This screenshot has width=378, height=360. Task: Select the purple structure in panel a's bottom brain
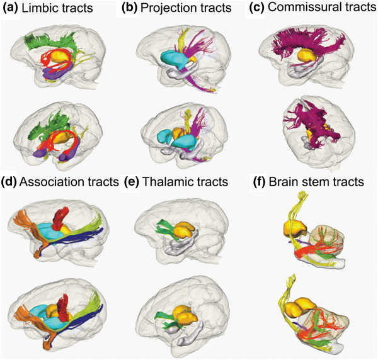click(x=79, y=151)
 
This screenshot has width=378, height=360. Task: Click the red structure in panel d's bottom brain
click(x=65, y=309)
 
